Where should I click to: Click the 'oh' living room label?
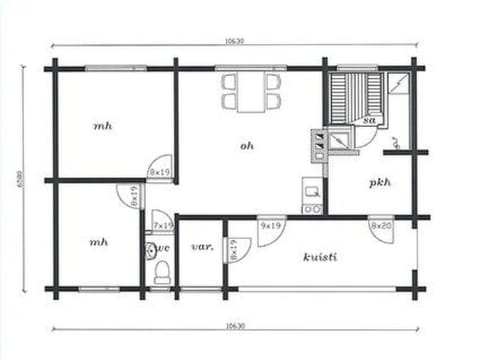(247, 146)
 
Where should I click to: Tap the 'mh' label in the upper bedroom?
(102, 126)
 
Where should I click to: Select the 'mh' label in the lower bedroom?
(98, 242)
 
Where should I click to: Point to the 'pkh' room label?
(379, 183)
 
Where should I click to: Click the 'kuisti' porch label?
(320, 257)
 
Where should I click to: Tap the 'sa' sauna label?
(370, 120)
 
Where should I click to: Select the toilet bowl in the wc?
(162, 272)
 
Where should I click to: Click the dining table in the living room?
(251, 90)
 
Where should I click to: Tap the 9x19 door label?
(269, 227)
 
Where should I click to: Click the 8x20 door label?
(380, 227)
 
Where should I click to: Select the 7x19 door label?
(162, 227)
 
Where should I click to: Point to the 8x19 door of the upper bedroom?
(160, 167)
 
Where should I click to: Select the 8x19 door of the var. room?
(232, 249)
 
